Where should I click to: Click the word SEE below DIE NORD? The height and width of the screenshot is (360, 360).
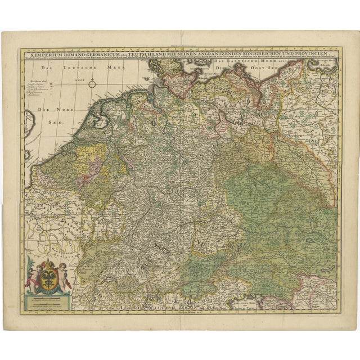(x=55, y=120)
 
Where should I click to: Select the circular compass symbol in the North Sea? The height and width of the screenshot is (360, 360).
(x=93, y=85)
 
